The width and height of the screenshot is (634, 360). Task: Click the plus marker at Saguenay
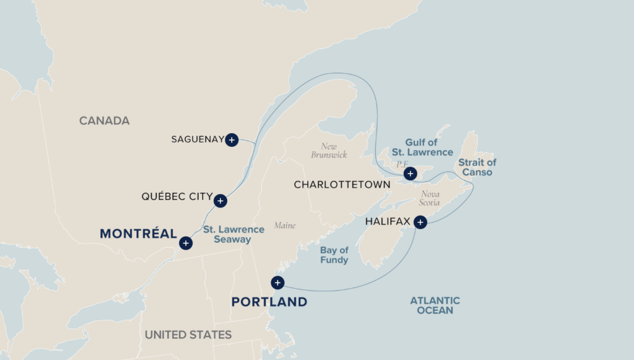click(x=232, y=140)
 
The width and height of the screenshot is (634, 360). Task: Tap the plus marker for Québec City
click(x=220, y=201)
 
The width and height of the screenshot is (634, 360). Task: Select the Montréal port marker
click(x=186, y=244)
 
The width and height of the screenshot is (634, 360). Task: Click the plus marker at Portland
click(x=278, y=283)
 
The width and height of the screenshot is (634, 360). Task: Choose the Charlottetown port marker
click(x=410, y=174)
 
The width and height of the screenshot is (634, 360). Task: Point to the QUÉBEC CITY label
click(x=177, y=198)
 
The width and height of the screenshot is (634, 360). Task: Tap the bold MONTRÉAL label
click(x=138, y=234)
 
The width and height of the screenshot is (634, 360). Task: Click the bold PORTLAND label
click(x=269, y=302)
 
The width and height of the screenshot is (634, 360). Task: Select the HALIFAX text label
click(x=388, y=221)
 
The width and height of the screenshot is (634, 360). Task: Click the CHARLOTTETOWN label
click(x=342, y=185)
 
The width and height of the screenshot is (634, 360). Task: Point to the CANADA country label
click(x=104, y=121)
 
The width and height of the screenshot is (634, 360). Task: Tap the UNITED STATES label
click(x=188, y=335)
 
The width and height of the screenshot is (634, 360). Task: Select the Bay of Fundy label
click(x=334, y=255)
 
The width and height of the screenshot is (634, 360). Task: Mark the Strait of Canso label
click(x=477, y=167)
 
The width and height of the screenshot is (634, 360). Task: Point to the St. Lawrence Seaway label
click(x=233, y=234)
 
